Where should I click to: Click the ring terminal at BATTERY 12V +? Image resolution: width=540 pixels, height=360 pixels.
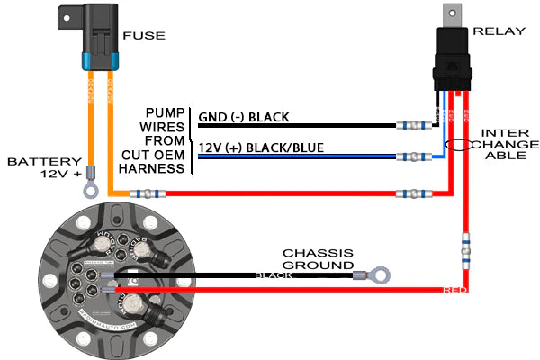(x=89, y=189)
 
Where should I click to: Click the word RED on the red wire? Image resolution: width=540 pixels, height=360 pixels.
(x=455, y=291)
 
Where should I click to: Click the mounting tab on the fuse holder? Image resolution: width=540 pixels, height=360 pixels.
(x=67, y=15)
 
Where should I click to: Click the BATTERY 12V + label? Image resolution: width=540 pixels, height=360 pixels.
(x=44, y=167)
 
